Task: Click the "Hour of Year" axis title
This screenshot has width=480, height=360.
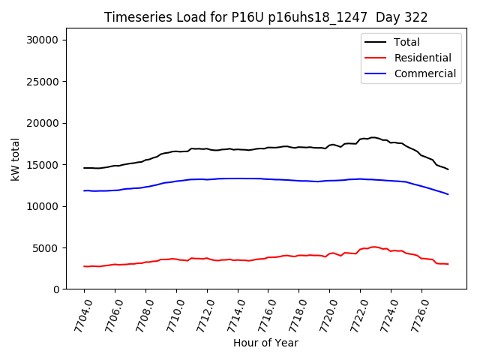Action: [265, 343]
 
